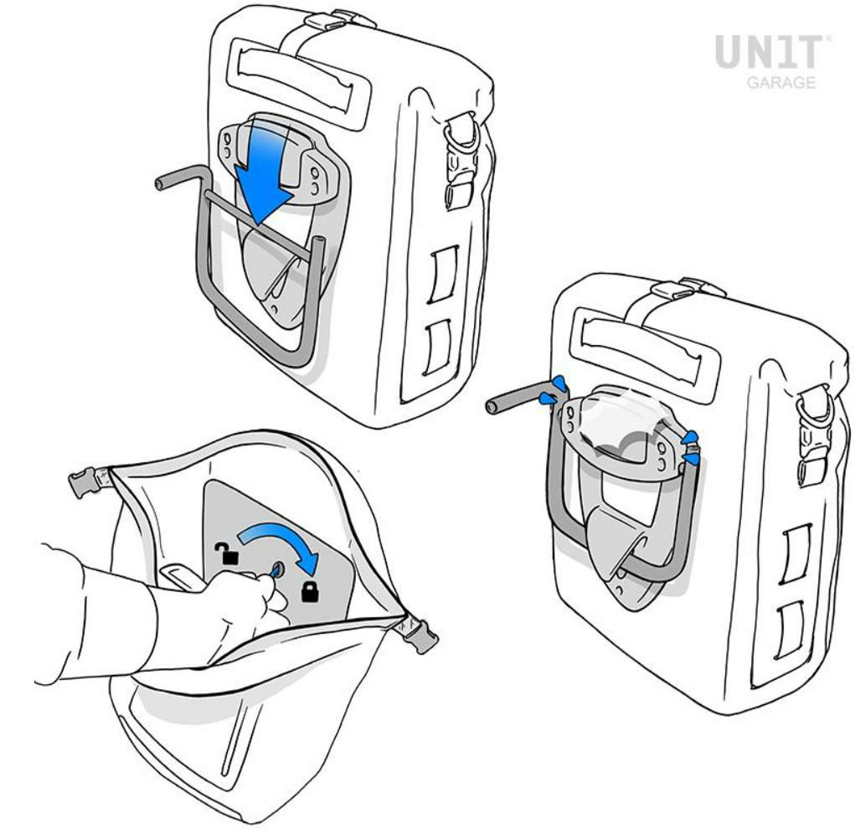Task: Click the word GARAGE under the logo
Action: pyautogui.click(x=780, y=82)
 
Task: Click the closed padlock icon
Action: pyautogui.click(x=310, y=591)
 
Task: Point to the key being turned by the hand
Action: pyautogui.click(x=276, y=570)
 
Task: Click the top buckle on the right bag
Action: pyautogui.click(x=681, y=289)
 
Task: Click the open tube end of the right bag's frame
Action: pyautogui.click(x=492, y=406)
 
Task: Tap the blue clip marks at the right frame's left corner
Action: pyautogui.click(x=552, y=391)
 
